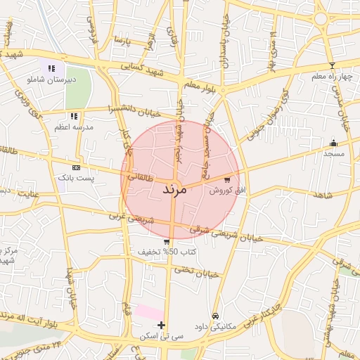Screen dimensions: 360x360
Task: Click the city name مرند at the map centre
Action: point(173,190)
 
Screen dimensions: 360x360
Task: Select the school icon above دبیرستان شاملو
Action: point(51,68)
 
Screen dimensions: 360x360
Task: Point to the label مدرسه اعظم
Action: point(72,127)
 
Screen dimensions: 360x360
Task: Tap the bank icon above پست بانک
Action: point(77,167)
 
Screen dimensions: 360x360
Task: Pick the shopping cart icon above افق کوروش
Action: point(226,180)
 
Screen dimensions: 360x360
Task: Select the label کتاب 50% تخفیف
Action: point(167,252)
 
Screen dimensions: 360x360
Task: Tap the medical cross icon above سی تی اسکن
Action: point(162,326)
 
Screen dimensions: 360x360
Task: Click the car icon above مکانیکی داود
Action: point(215,316)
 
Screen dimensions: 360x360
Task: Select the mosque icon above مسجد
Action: point(333,143)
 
